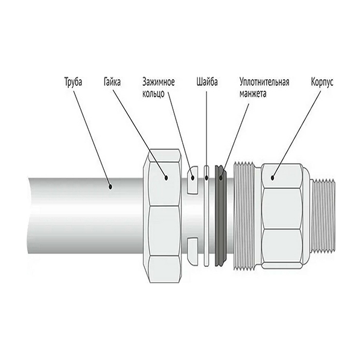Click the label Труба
[73, 82]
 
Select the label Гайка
[112, 82]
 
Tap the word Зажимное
[158, 82]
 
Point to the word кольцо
[153, 94]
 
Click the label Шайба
[207, 82]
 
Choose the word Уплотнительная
[264, 82]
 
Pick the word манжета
[253, 94]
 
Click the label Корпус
[322, 82]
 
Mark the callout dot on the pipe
[110, 186]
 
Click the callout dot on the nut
[166, 178]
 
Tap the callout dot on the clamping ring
[192, 178]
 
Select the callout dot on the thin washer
[206, 178]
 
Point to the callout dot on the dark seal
[221, 178]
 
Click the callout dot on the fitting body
[273, 178]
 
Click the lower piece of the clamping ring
[192, 251]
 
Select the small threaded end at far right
[323, 216]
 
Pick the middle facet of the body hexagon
[282, 209]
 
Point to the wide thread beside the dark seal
[244, 216]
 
